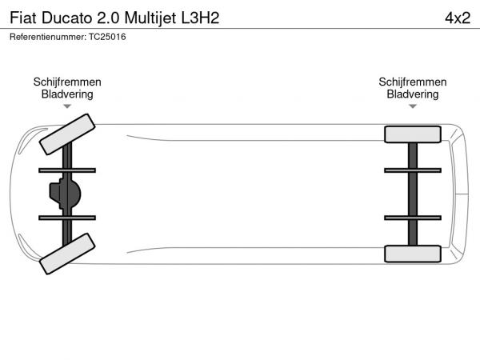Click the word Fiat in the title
coord(23,18)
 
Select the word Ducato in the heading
coord(66,18)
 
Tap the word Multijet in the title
coord(150,18)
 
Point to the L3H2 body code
coord(201,18)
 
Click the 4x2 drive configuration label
coord(458,18)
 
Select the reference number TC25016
coord(107,37)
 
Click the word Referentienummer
coord(48,37)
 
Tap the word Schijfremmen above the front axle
coord(67,82)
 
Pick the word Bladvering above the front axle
coord(67,94)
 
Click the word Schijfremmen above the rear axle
coord(413,82)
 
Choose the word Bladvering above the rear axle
coord(413,94)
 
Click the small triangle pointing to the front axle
coord(67,106)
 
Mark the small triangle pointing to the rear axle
coord(413,106)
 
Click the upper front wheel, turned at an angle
coord(67,134)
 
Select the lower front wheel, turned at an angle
coord(67,254)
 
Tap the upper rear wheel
coord(413,134)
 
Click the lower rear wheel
coord(413,254)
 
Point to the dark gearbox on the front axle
coord(66,194)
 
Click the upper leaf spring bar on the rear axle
coord(413,170)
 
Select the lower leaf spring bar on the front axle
coord(67,218)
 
